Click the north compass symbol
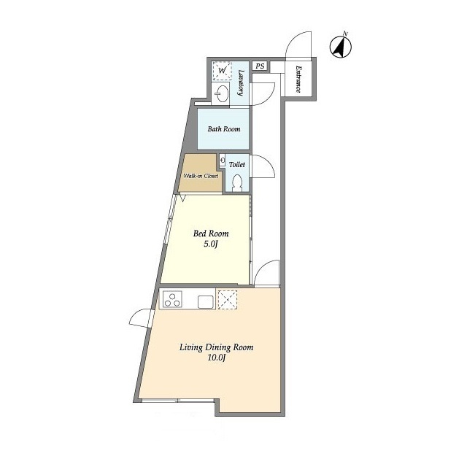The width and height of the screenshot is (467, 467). pos(341,47)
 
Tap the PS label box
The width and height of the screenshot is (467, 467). pos(260,66)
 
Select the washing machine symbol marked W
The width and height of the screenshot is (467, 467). pos(222,71)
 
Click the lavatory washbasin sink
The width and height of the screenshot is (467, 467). pos(222,93)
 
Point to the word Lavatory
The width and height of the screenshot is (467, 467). pos(241,82)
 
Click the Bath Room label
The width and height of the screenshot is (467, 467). pos(224,129)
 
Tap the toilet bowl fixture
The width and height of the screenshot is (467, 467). pos(237,183)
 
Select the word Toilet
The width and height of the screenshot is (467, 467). pos(237,164)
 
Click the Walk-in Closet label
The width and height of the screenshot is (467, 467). pos(201,176)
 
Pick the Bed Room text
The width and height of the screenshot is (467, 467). pos(211,233)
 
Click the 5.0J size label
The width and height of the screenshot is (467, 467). pos(211,244)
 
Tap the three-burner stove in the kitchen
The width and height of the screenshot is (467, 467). pos(172,299)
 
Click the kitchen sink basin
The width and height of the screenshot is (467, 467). pos(206,301)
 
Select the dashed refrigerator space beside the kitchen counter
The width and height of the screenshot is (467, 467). pos(228,300)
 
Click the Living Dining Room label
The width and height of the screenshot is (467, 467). pos(217,347)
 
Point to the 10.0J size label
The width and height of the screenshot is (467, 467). pos(217,358)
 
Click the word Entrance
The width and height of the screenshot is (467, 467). pos(298,79)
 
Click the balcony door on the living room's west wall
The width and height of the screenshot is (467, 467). pos(141,319)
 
